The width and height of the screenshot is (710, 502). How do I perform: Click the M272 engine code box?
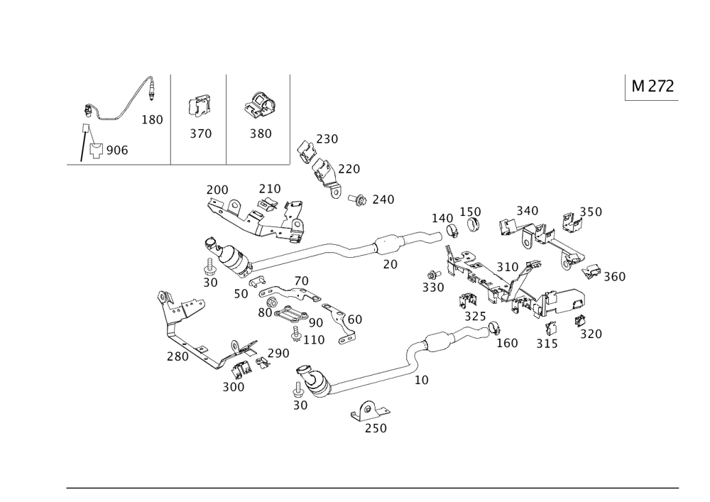pyautogui.click(x=652, y=87)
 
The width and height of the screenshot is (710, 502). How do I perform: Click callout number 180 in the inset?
pyautogui.click(x=153, y=119)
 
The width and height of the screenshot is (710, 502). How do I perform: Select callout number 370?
pyautogui.click(x=201, y=133)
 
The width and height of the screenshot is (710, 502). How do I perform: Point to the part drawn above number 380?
pyautogui.click(x=259, y=107)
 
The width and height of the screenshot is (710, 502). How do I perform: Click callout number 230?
pyautogui.click(x=327, y=138)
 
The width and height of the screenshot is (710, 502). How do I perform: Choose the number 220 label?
pyautogui.click(x=349, y=168)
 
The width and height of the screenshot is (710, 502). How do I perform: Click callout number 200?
pyautogui.click(x=217, y=190)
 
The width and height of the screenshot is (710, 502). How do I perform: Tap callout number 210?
pyautogui.click(x=269, y=188)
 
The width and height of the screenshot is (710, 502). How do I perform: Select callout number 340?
pyautogui.click(x=527, y=210)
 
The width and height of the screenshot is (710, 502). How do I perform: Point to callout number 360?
pyautogui.click(x=614, y=276)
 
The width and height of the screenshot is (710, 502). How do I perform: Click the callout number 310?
pyautogui.click(x=508, y=266)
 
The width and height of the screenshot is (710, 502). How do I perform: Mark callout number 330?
pyautogui.click(x=432, y=288)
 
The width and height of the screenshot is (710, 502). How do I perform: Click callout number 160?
pyautogui.click(x=506, y=342)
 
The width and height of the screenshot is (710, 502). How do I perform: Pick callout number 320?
pyautogui.click(x=591, y=334)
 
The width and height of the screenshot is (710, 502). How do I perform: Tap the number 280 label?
pyautogui.click(x=177, y=356)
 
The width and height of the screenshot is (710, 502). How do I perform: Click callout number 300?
pyautogui.click(x=234, y=387)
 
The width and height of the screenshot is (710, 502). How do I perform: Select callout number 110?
pyautogui.click(x=313, y=340)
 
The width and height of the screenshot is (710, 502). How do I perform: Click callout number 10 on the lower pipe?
pyautogui.click(x=421, y=380)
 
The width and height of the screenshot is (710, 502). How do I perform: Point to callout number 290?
pyautogui.click(x=278, y=352)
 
